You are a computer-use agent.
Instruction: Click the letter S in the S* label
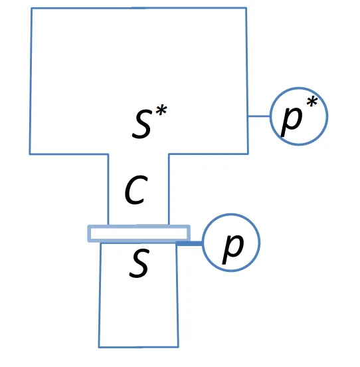tap(141, 124)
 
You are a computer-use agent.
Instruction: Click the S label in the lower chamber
tap(139, 263)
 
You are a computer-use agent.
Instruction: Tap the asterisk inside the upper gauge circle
tap(312, 102)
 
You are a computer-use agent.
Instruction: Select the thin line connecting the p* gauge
tap(259, 116)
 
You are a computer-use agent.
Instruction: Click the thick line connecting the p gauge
tap(189, 243)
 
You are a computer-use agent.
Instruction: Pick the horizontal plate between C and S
tap(139, 233)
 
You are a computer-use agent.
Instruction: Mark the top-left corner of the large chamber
tap(31, 8)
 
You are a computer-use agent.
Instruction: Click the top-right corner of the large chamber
tap(246, 8)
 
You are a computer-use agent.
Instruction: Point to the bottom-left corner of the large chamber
tap(30, 154)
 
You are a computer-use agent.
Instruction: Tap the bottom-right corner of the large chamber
tap(248, 154)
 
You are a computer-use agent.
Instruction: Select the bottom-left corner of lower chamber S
tap(99, 347)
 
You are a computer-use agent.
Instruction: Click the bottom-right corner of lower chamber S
tap(179, 346)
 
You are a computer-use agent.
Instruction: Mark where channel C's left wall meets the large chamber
tap(108, 154)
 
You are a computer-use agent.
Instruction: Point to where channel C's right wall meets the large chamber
tap(169, 154)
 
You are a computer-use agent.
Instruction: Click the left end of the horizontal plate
tap(88, 233)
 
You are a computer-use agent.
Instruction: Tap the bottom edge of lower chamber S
tap(139, 346)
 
